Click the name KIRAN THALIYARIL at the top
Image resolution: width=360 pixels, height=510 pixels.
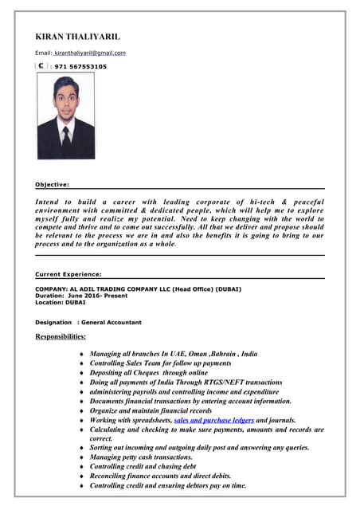pos(77,37)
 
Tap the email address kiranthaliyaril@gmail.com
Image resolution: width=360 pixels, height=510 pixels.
pos(90,53)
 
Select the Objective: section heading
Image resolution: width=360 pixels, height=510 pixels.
pos(53,184)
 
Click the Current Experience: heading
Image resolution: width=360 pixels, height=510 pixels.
pos(68,274)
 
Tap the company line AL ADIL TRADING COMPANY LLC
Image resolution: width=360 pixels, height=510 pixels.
pos(138,288)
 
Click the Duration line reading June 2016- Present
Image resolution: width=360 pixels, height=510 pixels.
pos(81,296)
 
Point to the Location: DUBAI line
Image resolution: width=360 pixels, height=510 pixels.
pos(60,303)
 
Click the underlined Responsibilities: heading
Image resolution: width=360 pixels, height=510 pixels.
pos(61,337)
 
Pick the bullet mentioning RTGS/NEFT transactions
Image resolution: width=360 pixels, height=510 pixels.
pos(186,382)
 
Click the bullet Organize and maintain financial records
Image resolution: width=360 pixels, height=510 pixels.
pos(151,410)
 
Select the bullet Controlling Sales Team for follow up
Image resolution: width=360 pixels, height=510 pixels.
pos(160,363)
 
